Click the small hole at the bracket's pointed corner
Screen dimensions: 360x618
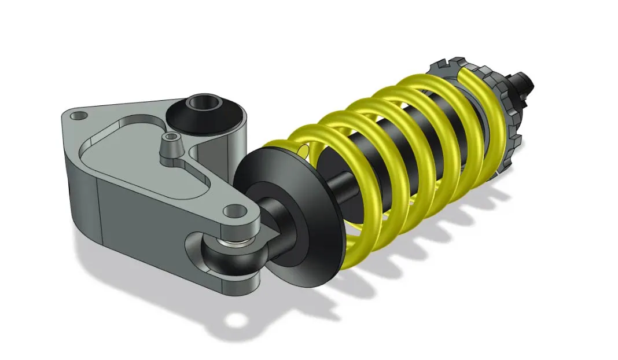tap(78, 116)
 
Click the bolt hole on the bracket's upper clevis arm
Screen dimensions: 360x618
tap(234, 210)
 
